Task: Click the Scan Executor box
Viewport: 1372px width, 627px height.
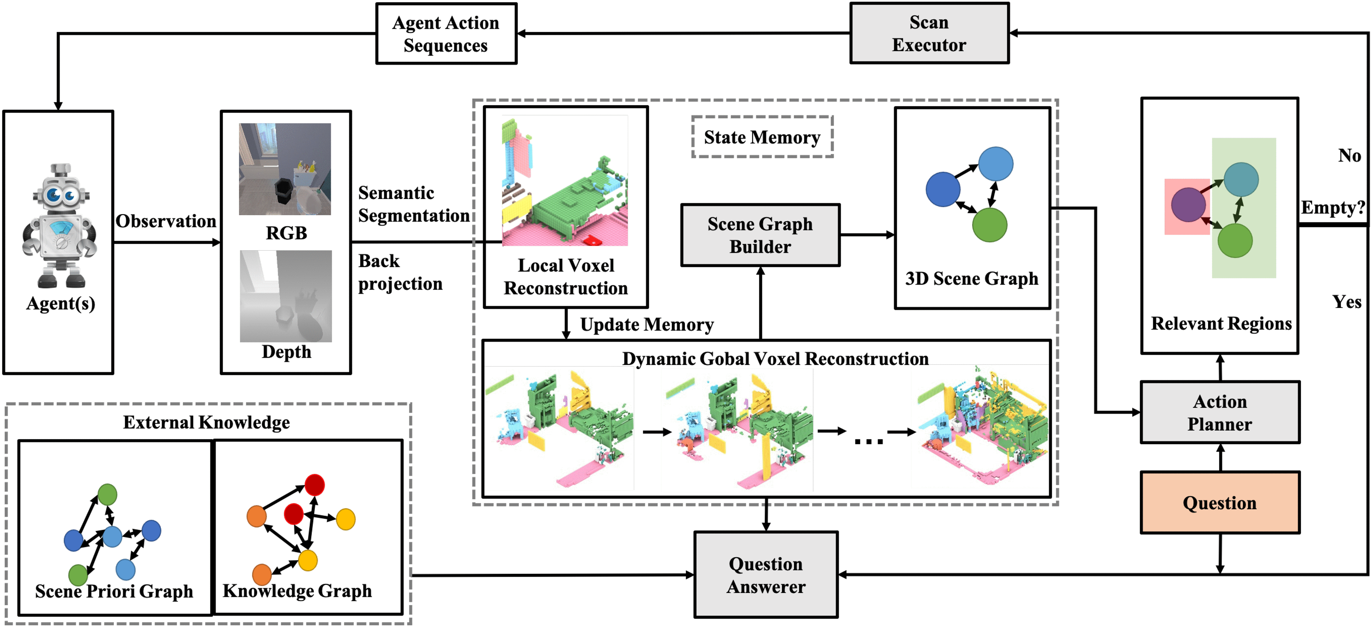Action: [929, 33]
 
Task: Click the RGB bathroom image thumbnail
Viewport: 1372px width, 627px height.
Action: [285, 169]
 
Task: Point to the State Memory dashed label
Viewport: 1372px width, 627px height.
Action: [762, 137]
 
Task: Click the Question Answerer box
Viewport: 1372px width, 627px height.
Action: [766, 575]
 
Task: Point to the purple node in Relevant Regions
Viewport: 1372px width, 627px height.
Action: [1188, 205]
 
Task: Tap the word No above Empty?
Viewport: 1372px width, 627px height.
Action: [1349, 155]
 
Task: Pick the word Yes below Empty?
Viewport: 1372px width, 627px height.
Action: [1347, 302]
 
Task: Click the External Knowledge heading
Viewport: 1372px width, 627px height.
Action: [207, 422]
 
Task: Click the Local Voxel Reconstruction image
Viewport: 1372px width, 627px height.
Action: [565, 181]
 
